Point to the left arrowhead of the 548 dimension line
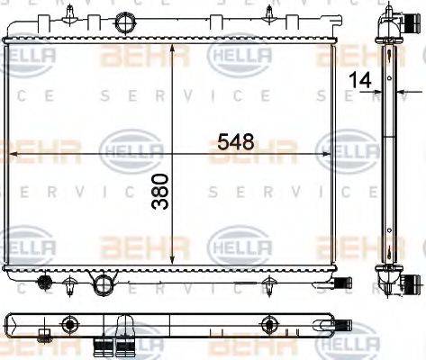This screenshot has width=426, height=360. [x=11, y=155]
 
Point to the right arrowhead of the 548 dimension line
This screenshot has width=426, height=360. [x=334, y=155]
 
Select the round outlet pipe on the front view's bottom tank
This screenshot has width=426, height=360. [x=106, y=286]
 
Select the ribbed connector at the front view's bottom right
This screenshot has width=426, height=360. [x=340, y=283]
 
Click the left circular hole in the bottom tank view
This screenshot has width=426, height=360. [x=68, y=325]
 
